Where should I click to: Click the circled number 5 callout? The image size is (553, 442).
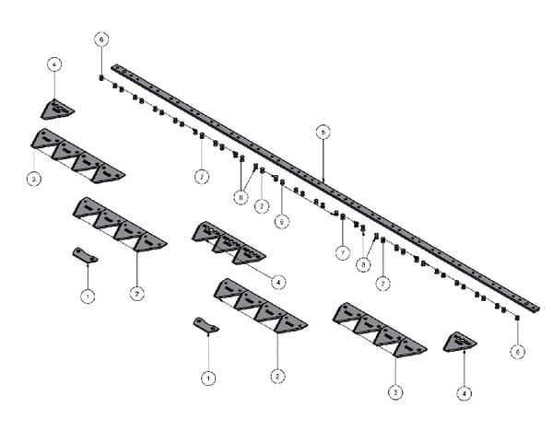click(323, 133)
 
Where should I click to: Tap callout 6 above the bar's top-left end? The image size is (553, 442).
click(101, 40)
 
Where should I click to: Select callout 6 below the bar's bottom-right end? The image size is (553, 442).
click(517, 351)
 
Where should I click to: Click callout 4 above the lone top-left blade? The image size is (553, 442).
click(54, 65)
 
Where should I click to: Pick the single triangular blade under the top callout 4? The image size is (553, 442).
click(56, 110)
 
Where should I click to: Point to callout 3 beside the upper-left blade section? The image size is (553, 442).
click(33, 179)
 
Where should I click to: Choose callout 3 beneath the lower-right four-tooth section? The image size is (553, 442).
click(395, 392)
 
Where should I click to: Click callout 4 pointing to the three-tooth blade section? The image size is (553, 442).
click(278, 281)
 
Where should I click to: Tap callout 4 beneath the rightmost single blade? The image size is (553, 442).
click(465, 392)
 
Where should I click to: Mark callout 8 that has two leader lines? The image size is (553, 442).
click(240, 196)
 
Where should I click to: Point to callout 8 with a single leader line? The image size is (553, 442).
click(364, 263)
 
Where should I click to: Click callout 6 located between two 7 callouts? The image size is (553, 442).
click(282, 221)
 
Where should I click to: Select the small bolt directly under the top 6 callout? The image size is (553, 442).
click(101, 77)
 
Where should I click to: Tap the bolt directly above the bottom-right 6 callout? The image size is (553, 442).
click(517, 318)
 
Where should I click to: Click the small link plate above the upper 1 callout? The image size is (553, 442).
click(85, 254)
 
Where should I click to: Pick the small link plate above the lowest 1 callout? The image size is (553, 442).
click(206, 324)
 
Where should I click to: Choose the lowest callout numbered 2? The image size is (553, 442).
click(276, 376)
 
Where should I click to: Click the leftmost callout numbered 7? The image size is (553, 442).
click(200, 175)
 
